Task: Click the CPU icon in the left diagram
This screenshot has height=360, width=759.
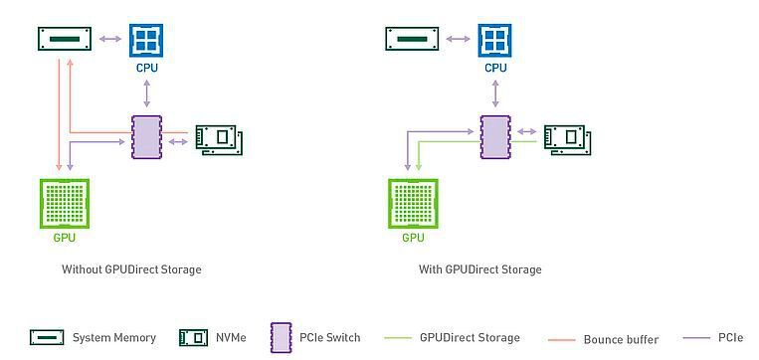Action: click(x=147, y=40)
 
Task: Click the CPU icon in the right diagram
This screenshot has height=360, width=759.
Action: click(x=494, y=40)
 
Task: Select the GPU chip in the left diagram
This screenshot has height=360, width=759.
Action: click(x=64, y=204)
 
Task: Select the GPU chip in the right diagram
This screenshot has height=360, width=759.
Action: click(x=413, y=204)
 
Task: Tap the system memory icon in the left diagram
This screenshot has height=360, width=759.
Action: click(x=64, y=40)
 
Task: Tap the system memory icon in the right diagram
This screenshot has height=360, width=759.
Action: click(x=412, y=40)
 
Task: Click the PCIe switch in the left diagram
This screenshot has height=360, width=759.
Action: click(x=146, y=136)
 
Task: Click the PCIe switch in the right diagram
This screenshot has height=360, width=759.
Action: click(x=494, y=136)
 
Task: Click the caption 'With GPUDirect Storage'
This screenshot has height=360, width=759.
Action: click(x=480, y=270)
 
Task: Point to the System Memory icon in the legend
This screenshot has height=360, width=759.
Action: click(x=47, y=337)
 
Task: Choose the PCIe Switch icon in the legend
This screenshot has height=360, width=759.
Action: click(x=280, y=337)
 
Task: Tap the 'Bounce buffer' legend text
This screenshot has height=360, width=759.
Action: click(x=621, y=339)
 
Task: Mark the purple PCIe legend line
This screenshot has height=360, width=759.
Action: click(x=692, y=338)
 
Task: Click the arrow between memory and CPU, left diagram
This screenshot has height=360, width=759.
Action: click(x=109, y=40)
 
